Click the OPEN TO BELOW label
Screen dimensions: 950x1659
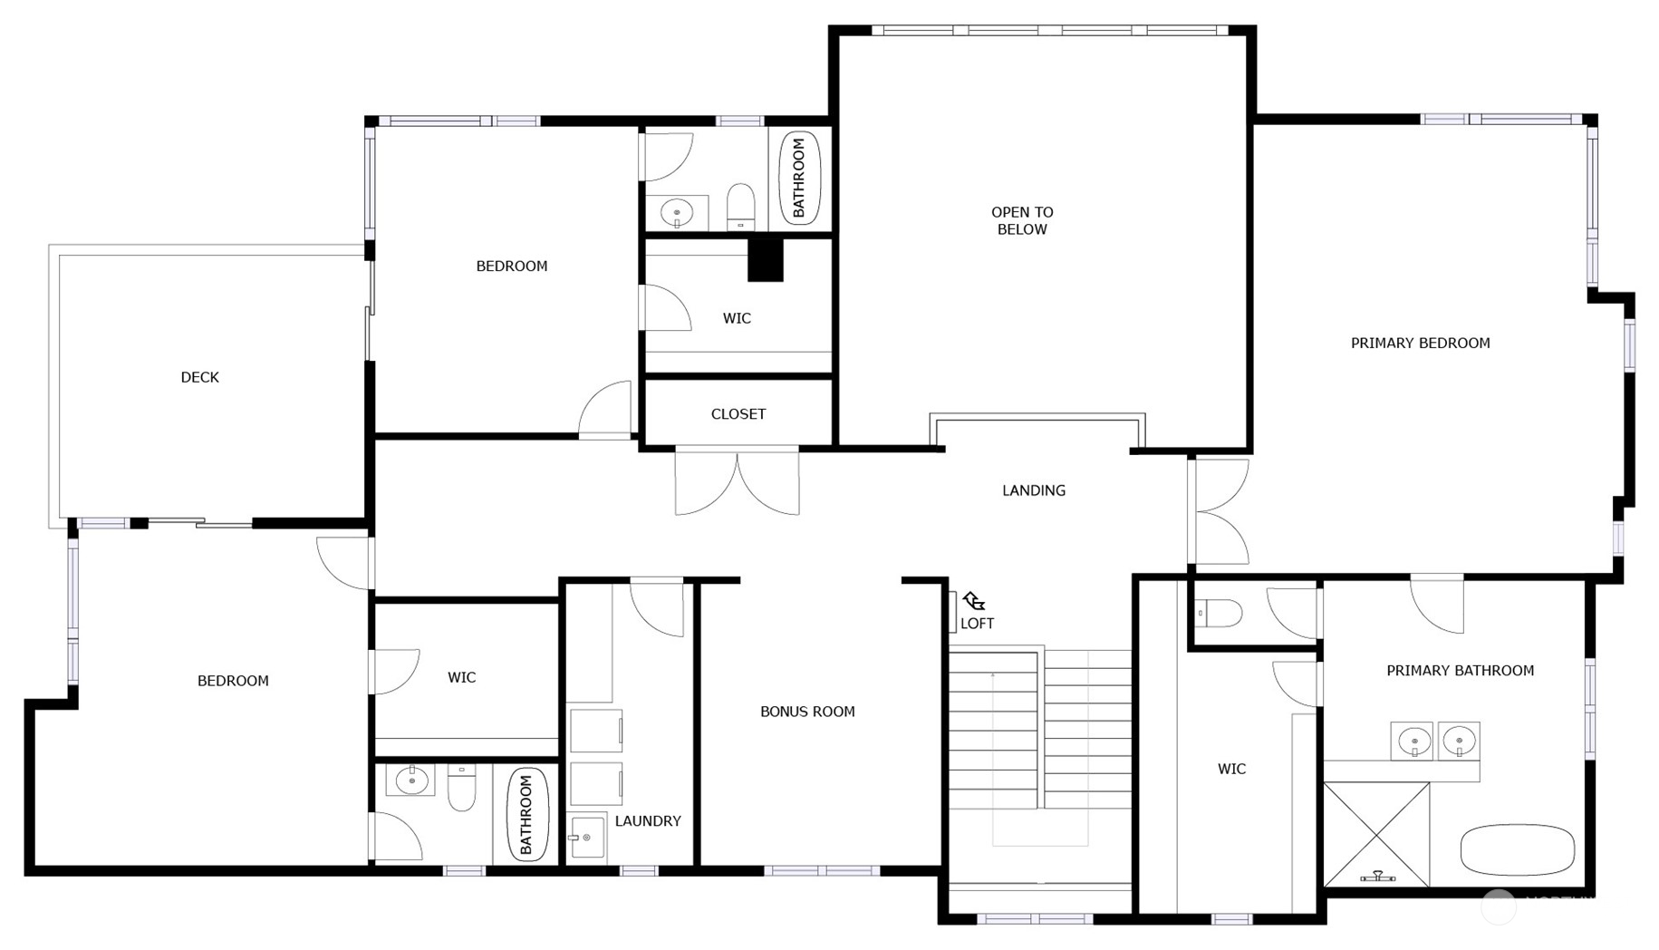click(1021, 220)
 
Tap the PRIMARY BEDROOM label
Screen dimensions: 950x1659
click(1419, 343)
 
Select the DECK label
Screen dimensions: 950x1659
click(199, 377)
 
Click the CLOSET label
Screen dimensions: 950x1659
click(738, 413)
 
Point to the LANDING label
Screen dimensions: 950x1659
click(1033, 490)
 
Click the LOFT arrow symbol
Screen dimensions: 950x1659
click(973, 601)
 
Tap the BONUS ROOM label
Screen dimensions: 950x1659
click(806, 712)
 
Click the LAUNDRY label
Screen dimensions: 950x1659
click(647, 820)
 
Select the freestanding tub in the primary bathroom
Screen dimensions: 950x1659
click(1517, 849)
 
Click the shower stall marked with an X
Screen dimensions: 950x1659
click(1375, 834)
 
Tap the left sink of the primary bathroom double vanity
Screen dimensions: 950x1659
click(1413, 742)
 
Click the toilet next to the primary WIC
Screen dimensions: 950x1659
click(1219, 614)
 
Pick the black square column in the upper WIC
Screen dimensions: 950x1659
click(764, 260)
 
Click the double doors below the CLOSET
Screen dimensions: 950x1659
click(737, 480)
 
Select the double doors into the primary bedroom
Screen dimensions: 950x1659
click(1220, 511)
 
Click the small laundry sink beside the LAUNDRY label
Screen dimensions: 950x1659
click(586, 837)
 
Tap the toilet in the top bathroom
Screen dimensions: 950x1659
click(740, 208)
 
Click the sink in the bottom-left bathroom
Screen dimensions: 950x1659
click(410, 780)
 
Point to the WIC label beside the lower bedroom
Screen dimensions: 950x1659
click(461, 677)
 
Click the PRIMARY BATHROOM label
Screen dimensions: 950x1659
click(1459, 671)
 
